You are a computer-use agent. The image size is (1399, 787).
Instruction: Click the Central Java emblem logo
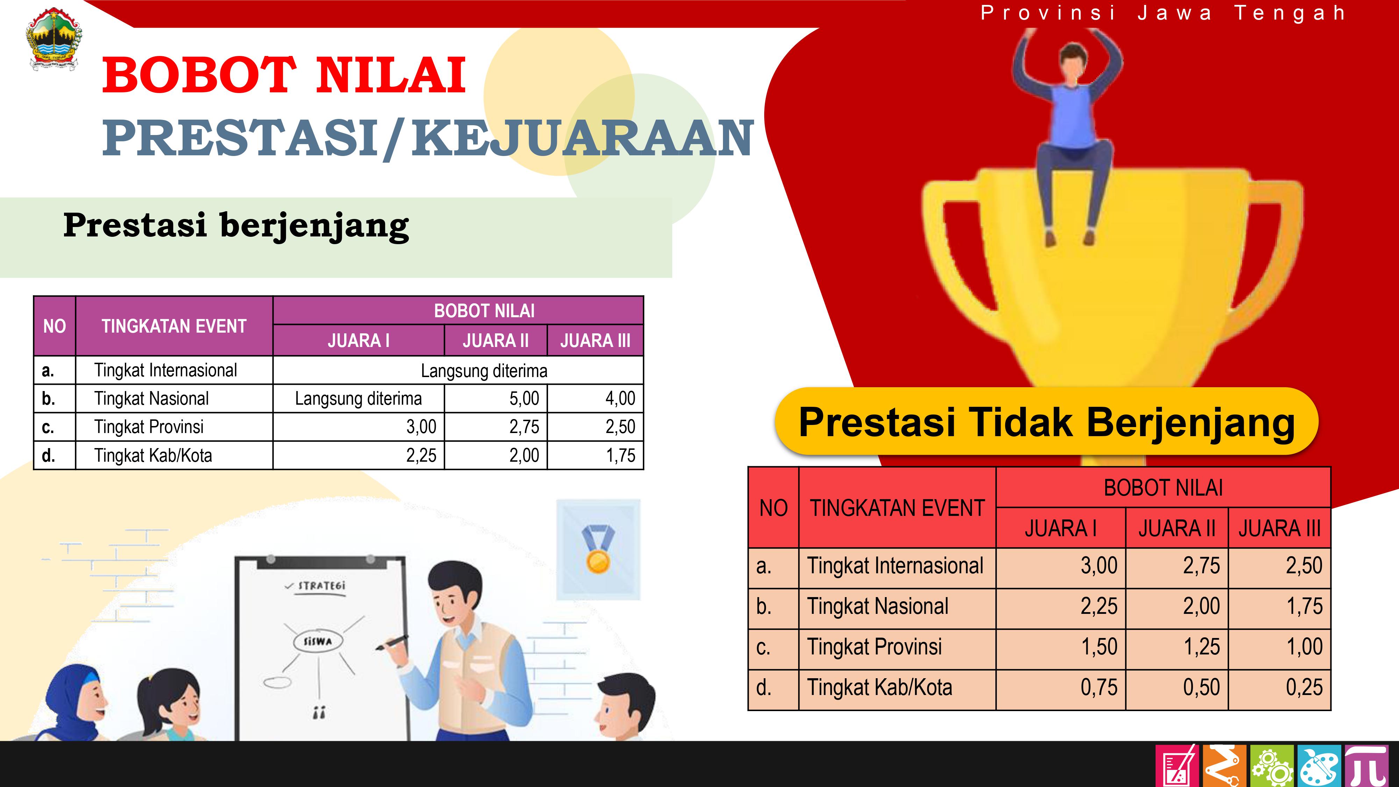(54, 39)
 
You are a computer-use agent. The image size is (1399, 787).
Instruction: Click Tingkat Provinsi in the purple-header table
(149, 427)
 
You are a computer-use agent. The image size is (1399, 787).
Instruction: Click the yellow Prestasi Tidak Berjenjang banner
(1046, 421)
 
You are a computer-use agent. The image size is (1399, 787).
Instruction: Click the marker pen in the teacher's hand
(392, 643)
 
